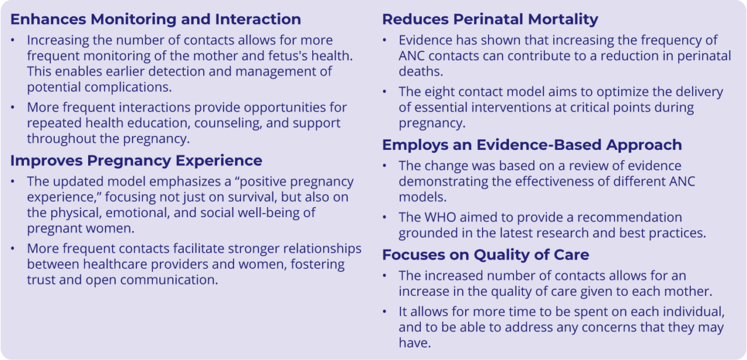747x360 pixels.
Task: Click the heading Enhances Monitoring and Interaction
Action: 156,19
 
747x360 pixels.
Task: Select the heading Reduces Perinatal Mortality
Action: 490,20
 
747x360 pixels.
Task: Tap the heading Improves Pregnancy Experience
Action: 137,161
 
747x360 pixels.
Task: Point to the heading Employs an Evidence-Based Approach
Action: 532,145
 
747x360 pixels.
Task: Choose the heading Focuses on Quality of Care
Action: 486,255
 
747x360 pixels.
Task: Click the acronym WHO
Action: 440,217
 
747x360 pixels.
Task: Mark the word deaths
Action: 421,71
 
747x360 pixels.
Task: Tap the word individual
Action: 694,312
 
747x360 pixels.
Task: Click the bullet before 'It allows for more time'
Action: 385,312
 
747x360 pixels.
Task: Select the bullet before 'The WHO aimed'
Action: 385,217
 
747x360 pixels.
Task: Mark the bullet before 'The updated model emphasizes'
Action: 13,181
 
